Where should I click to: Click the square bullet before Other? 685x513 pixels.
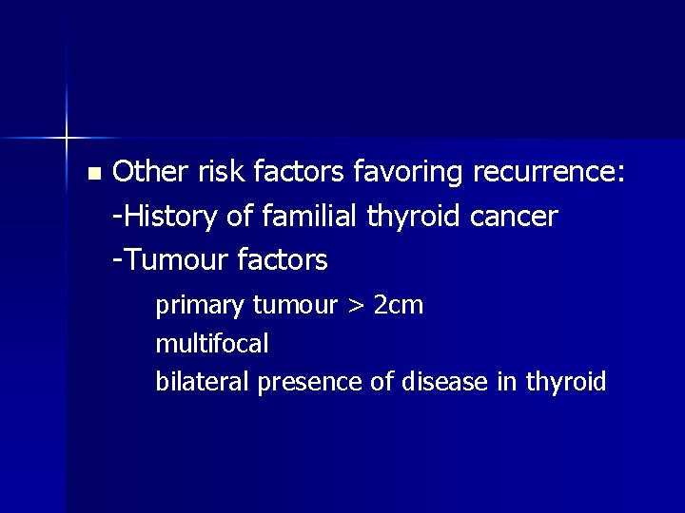click(92, 174)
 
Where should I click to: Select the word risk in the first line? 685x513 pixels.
click(219, 172)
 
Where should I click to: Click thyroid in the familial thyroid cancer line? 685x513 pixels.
click(414, 218)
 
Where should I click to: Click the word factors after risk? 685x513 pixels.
click(302, 172)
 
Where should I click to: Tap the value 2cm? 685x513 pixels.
click(399, 306)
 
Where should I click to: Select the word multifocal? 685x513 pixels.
click(211, 343)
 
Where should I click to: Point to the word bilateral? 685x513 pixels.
click(202, 382)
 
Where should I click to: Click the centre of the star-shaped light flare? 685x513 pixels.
click(67, 139)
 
